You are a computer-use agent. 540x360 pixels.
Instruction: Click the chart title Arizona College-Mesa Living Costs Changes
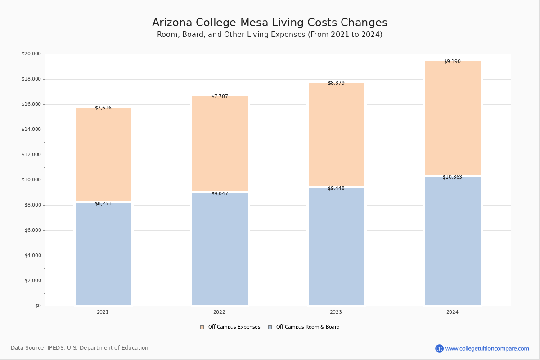click(x=270, y=23)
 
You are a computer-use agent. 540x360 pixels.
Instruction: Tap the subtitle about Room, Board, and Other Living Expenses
click(x=270, y=35)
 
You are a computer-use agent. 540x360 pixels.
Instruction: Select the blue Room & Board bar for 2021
click(x=103, y=254)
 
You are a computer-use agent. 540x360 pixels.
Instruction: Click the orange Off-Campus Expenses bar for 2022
click(x=220, y=144)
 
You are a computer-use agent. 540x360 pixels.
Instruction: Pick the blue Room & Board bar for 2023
click(x=336, y=247)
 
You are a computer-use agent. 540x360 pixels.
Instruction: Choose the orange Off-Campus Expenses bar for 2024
click(x=452, y=118)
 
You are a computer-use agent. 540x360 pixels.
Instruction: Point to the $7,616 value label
click(x=103, y=108)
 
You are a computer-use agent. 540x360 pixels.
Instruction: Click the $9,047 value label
click(x=220, y=194)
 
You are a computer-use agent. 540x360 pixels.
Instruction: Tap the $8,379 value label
click(x=336, y=83)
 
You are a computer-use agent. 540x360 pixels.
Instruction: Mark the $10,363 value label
click(x=452, y=177)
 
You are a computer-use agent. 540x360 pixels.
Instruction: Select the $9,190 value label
click(x=452, y=62)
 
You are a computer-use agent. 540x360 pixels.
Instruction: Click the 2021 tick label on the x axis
click(x=103, y=312)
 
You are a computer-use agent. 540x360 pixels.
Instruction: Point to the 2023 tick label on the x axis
click(x=336, y=312)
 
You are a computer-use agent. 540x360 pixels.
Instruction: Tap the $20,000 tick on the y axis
click(x=31, y=54)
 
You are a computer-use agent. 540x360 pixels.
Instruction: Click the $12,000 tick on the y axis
click(x=31, y=155)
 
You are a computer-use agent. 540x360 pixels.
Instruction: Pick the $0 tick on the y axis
click(x=37, y=306)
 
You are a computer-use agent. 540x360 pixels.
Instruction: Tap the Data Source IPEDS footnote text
click(x=80, y=348)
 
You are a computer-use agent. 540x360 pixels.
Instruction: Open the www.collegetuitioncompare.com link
click(x=487, y=348)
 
